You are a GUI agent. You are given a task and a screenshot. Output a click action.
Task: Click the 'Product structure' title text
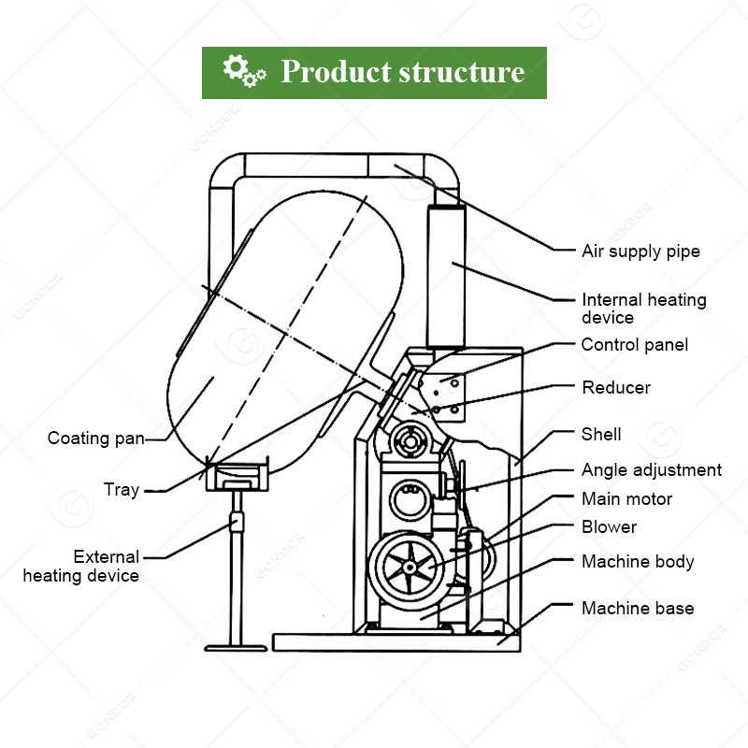403,71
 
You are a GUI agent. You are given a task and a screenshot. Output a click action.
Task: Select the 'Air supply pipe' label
640,252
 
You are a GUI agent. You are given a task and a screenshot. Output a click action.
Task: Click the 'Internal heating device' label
643,309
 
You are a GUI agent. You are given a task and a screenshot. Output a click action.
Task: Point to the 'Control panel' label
634,345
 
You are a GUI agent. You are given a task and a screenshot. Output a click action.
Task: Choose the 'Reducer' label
615,387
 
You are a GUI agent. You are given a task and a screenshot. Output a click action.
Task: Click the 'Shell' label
601,435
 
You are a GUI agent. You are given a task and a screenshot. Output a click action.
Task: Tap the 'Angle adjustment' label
651,470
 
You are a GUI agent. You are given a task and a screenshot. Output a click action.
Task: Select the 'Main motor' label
626,499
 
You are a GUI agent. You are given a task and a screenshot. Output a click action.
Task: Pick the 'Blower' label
609,527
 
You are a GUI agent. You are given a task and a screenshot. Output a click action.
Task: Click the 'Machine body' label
638,562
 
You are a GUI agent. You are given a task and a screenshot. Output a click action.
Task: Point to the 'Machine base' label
638,609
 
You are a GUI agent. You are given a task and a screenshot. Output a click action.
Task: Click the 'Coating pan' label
96,439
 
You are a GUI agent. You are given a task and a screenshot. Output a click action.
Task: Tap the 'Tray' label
122,489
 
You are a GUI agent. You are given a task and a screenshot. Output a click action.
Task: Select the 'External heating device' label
81,567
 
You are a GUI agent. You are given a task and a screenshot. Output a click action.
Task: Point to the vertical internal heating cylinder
445,276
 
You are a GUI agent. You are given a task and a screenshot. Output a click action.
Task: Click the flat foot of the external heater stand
233,647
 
